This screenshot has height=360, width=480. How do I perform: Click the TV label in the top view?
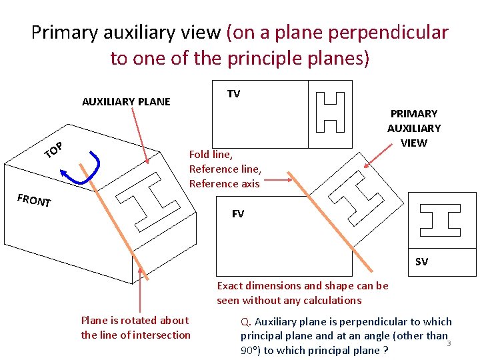(233, 94)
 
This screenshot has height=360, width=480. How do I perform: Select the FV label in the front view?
(237, 214)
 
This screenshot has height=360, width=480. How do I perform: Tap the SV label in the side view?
(421, 262)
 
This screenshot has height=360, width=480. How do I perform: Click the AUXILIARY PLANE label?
(126, 102)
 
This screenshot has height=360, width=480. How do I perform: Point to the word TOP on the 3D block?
(53, 151)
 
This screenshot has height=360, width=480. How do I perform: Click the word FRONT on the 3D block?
(34, 200)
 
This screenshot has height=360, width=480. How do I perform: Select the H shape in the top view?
(330, 112)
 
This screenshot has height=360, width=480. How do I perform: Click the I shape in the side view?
(440, 220)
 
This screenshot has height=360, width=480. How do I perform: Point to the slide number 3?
(449, 343)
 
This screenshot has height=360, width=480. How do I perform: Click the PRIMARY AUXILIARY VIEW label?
(414, 128)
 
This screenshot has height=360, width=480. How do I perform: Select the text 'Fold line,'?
(211, 155)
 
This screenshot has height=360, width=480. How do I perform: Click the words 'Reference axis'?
(224, 184)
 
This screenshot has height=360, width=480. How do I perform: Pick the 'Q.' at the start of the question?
(245, 321)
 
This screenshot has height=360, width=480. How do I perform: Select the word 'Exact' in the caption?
(230, 286)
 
